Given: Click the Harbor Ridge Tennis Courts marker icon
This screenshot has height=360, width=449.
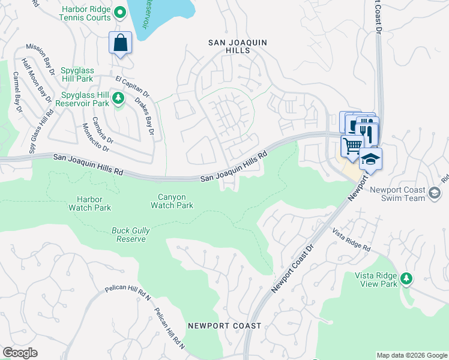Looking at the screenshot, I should coord(120,12).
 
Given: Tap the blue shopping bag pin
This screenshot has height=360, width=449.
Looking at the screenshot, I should coord(121,43).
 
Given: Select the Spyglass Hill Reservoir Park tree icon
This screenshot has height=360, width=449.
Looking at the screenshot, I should coord(119,97).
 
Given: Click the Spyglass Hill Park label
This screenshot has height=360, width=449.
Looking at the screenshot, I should coord(85,79).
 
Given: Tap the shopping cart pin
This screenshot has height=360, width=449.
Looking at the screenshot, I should coord(352,146).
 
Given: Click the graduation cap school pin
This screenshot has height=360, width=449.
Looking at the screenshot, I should coord(370,159).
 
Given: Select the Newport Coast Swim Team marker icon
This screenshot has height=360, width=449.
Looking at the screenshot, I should coord(435,192).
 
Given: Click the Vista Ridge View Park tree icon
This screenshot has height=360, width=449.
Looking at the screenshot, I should coord(407,278).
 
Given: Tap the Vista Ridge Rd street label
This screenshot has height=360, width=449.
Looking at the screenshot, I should coord(354,239).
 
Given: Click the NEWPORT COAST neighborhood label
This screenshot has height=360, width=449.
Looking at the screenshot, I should coord(224,326).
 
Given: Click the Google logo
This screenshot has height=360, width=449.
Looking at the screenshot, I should coord(20,353).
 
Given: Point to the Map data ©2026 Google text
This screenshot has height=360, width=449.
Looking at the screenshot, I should coord(411,355).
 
